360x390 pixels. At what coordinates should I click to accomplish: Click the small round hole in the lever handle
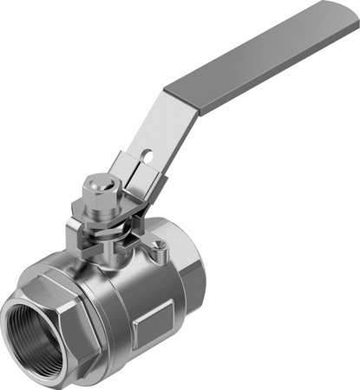147,157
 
